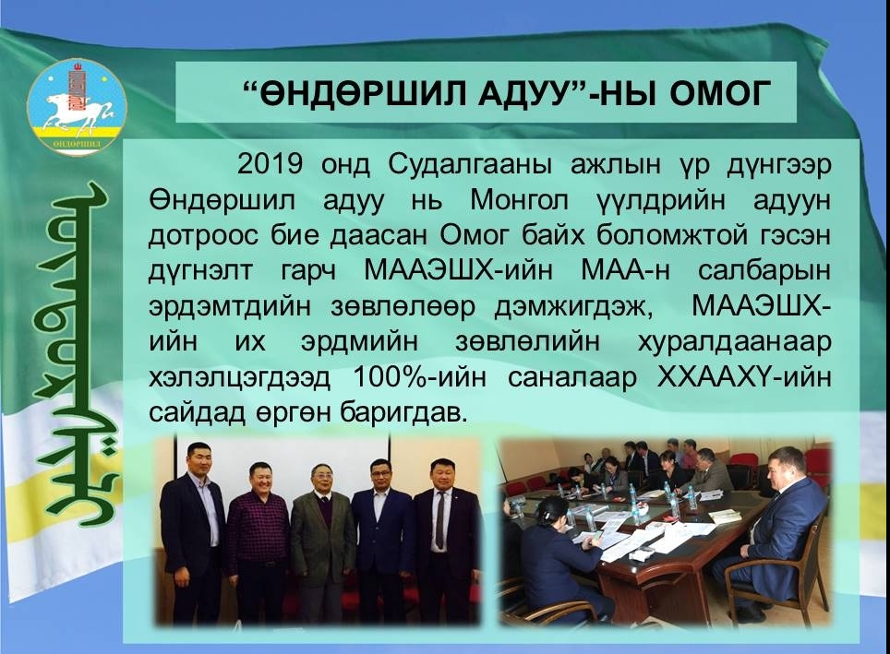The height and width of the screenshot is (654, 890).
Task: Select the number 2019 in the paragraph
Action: tap(270, 164)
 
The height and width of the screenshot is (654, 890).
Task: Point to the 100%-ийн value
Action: tap(419, 378)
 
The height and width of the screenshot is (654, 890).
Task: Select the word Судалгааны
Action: tap(470, 165)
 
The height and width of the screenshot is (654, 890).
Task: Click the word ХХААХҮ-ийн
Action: tap(743, 378)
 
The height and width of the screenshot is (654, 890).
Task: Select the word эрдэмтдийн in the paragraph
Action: tap(229, 307)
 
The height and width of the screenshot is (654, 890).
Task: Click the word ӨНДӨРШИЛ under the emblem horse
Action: tap(77, 144)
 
